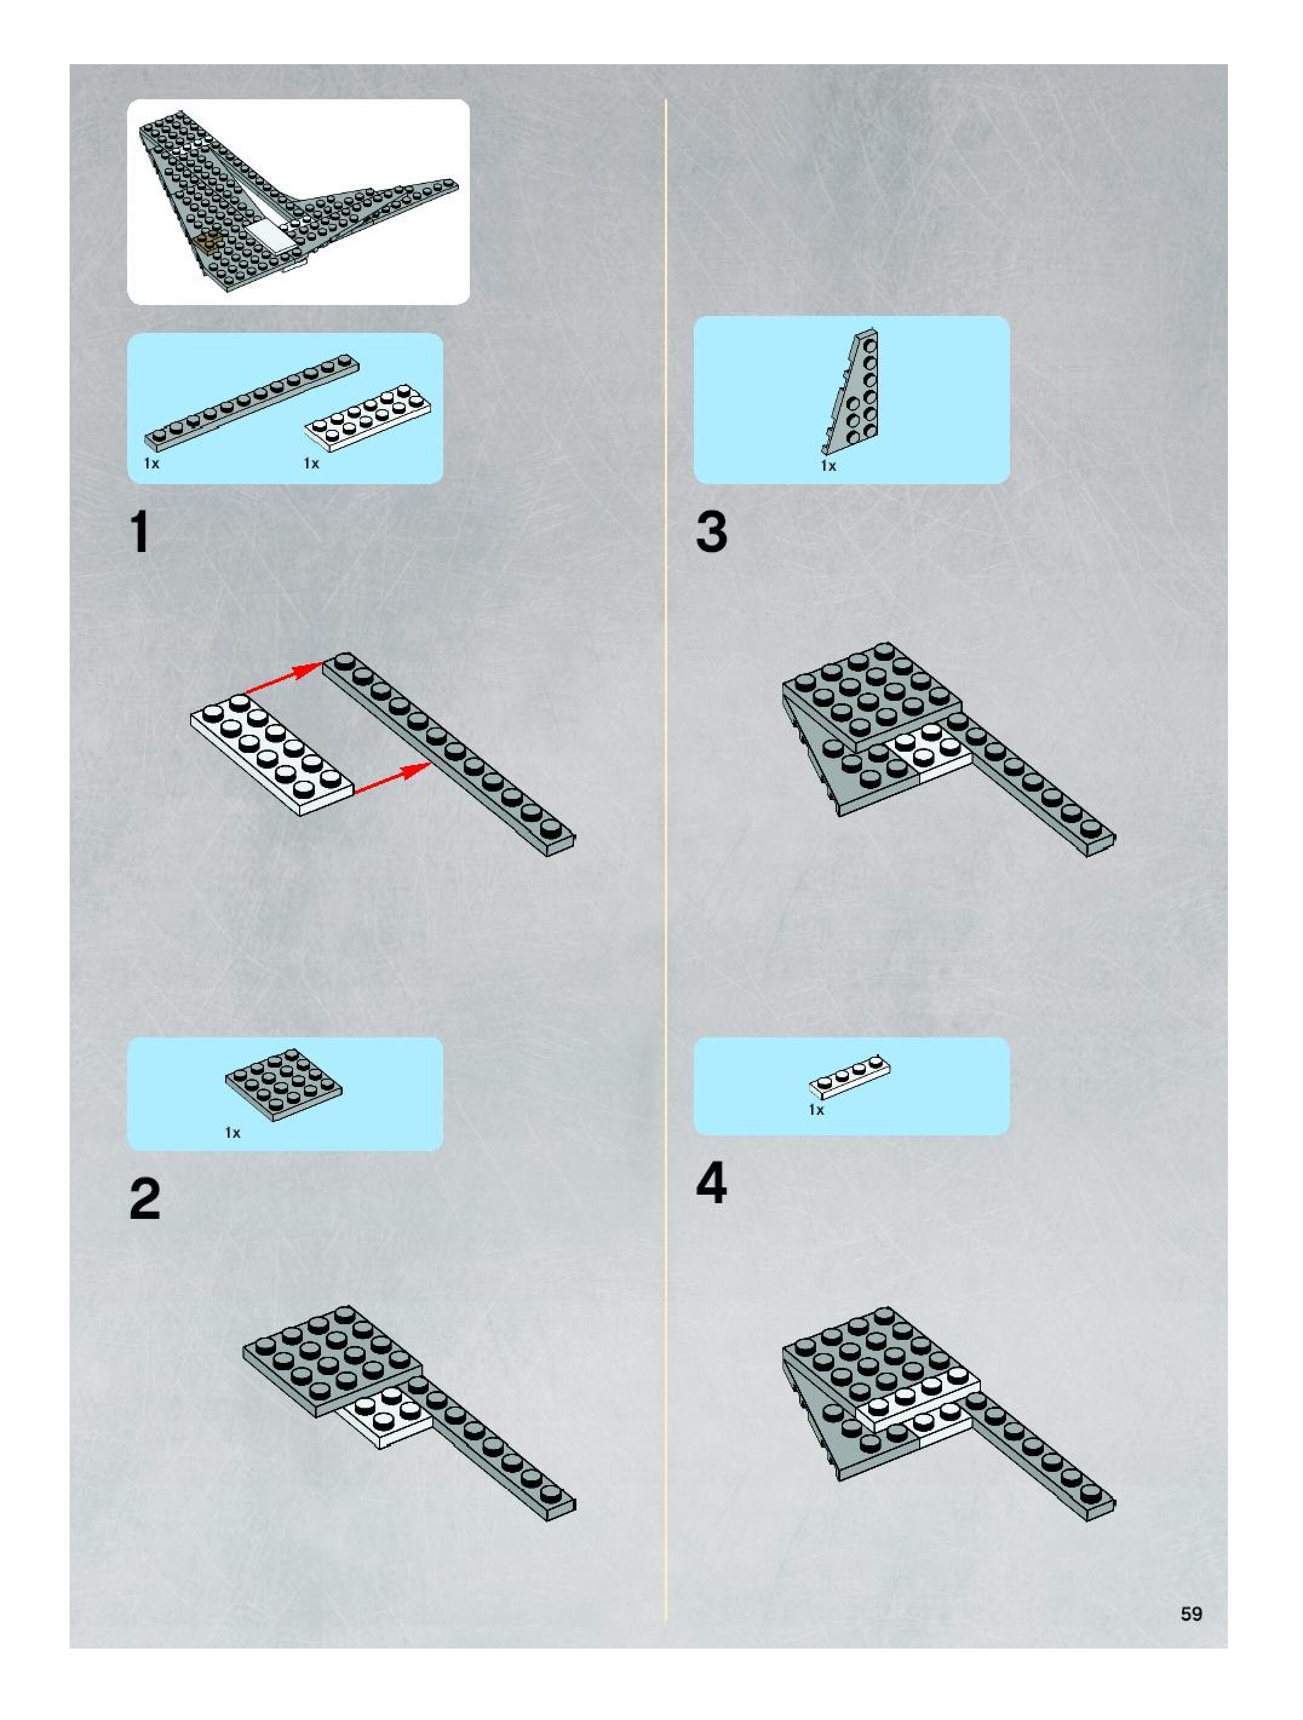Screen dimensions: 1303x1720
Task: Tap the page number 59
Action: tap(1191, 1613)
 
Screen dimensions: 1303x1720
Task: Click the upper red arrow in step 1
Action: tap(285, 677)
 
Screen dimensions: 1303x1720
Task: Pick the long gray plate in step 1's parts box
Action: tap(252, 403)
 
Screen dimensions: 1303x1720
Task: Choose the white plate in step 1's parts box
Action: tap(369, 418)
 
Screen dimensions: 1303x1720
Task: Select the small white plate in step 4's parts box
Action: tap(849, 1076)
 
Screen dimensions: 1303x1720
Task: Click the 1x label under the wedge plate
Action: tap(828, 466)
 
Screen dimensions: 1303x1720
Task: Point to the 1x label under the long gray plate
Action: tap(152, 464)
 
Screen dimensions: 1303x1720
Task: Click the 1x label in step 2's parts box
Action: tap(233, 1133)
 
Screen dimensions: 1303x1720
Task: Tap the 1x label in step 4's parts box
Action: tap(816, 1109)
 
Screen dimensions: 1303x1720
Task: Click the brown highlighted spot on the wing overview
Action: tap(208, 243)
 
